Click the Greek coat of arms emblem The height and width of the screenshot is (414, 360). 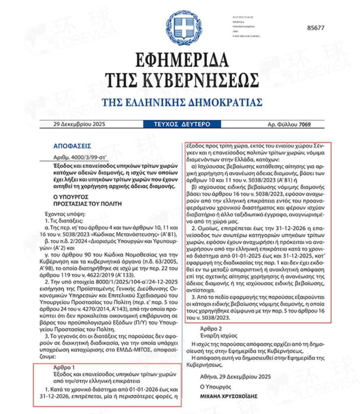[x=180, y=28]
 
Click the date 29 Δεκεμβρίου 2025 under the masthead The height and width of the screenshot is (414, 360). [x=79, y=124]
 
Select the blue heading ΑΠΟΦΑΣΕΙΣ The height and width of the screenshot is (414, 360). [x=72, y=146]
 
